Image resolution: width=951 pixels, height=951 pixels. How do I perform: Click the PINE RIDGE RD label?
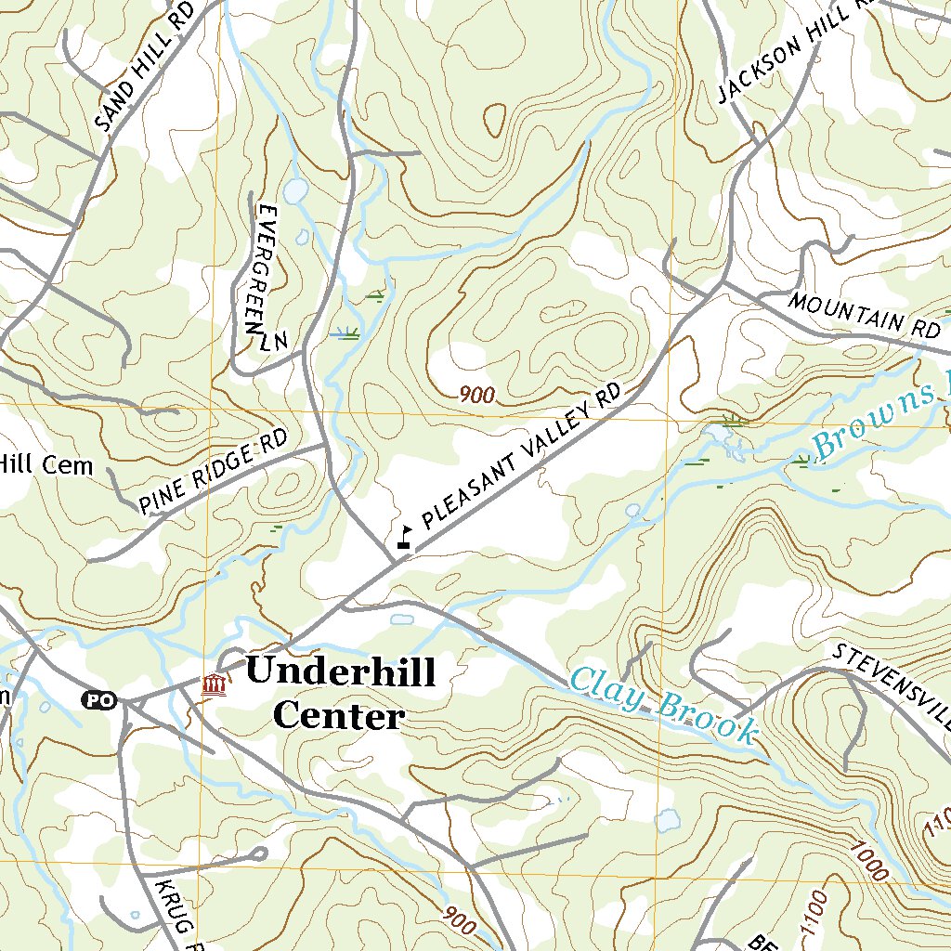point(215,473)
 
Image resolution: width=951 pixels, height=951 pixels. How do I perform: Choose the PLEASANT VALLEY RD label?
point(520,455)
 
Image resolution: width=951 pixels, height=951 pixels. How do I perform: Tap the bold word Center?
point(340,716)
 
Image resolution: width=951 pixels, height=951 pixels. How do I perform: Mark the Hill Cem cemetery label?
point(46,463)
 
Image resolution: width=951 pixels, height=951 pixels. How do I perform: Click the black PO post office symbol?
point(100,699)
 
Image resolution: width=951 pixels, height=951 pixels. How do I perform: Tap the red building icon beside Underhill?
point(215,685)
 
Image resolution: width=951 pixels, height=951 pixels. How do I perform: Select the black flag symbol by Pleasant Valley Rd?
point(404,536)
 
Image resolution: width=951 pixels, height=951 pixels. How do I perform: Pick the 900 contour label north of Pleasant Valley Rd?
point(477,396)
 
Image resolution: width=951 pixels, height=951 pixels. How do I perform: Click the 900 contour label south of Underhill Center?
point(460,921)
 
